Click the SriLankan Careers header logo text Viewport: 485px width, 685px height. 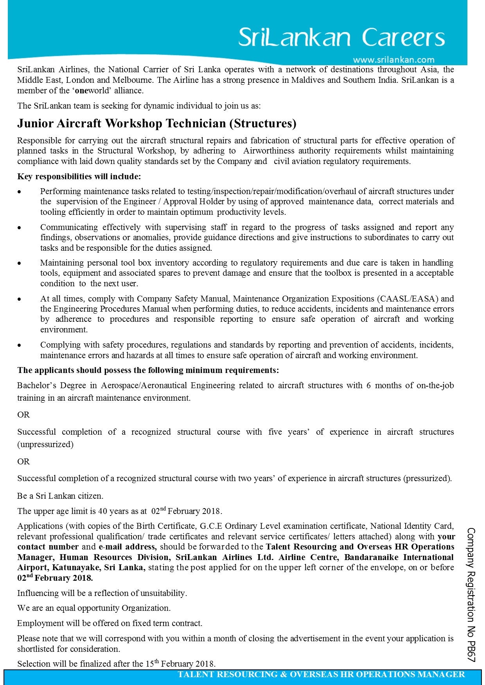pos(341,37)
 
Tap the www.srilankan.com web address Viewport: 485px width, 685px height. pos(393,60)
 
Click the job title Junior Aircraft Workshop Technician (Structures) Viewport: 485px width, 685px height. pos(157,123)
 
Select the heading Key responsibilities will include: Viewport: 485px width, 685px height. pos(79,177)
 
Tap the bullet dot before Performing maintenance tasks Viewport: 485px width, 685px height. pos(19,192)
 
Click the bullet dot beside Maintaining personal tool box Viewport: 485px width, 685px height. pos(19,263)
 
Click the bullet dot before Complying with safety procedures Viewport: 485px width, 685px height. pos(19,345)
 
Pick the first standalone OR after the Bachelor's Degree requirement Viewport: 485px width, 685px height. pos(23,415)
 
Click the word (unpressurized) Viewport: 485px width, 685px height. pos(45,444)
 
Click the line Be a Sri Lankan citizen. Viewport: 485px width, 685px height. pos(60,496)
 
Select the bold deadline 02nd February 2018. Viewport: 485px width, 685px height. pos(55,578)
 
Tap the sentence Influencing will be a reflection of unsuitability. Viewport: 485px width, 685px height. pos(102,593)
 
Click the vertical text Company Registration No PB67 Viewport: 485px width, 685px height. pos(471,594)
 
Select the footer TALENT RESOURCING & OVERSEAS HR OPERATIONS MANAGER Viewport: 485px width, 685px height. pos(321,674)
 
